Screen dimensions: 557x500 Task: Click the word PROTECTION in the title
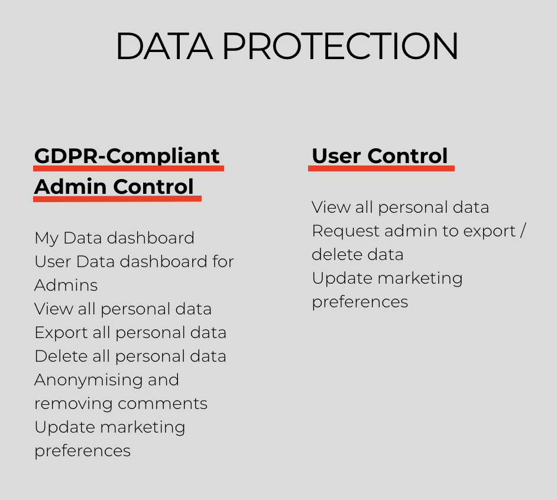click(x=341, y=46)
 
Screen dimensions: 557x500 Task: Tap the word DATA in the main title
click(x=164, y=46)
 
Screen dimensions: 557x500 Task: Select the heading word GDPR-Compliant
click(x=127, y=156)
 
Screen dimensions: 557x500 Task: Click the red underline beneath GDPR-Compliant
click(x=128, y=168)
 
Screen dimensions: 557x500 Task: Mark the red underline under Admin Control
click(x=117, y=199)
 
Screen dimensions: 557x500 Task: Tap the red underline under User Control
click(x=381, y=168)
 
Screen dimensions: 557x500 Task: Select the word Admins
click(x=66, y=285)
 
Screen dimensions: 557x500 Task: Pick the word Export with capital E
click(x=61, y=333)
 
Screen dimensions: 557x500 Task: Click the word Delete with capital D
click(x=61, y=356)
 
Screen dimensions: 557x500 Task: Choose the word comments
click(x=163, y=404)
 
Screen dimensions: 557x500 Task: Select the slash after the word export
click(x=523, y=231)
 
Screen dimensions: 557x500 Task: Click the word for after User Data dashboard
click(x=223, y=261)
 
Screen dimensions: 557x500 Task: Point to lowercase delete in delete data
click(x=336, y=254)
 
